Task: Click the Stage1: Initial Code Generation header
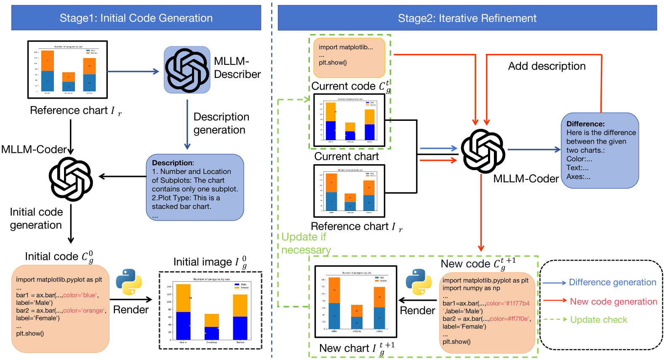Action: pos(136,18)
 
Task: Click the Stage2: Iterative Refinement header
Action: pos(467,18)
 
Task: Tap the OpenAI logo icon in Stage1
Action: pos(187,70)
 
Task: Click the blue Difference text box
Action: pos(600,150)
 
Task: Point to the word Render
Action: pos(417,311)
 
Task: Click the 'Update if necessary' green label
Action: pos(306,243)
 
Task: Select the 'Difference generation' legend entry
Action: pos(612,283)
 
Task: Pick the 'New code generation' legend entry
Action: pos(613,301)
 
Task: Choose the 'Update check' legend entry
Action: pos(598,320)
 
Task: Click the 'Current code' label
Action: pos(343,86)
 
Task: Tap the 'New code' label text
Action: pos(465,264)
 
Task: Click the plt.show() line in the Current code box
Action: pos(333,63)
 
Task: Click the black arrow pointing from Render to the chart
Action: pos(417,300)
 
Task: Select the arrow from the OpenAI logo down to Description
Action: pos(187,124)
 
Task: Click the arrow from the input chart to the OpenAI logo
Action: pos(133,72)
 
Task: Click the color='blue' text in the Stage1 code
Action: pos(80,295)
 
